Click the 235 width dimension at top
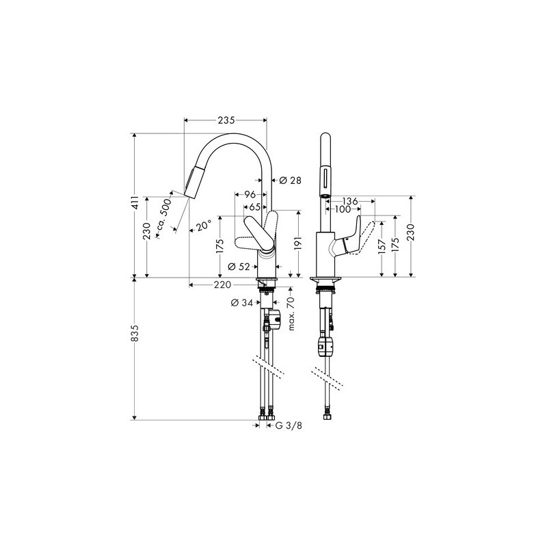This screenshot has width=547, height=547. (x=226, y=120)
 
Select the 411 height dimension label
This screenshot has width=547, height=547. (x=135, y=202)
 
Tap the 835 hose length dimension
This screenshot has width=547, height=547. (x=135, y=333)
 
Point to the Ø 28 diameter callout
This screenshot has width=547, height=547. (x=290, y=181)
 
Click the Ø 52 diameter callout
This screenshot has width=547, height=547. (x=239, y=267)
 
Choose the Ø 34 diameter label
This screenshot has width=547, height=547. (x=242, y=303)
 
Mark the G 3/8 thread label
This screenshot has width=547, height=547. (x=289, y=425)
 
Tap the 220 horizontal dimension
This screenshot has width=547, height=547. (x=223, y=285)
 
